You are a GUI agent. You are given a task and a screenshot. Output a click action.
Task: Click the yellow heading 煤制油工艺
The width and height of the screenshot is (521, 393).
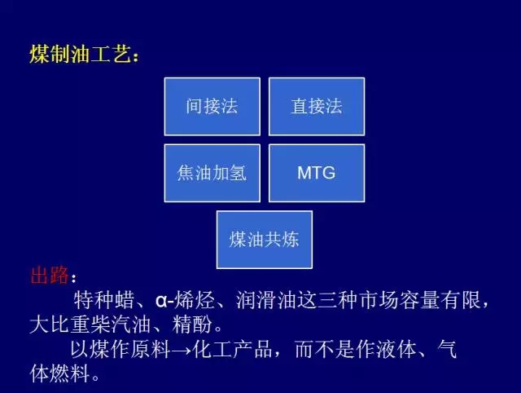click(x=81, y=54)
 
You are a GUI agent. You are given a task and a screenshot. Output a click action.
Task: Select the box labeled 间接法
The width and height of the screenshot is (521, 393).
click(x=212, y=107)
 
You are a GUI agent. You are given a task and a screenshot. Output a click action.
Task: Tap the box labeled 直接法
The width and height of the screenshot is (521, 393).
click(x=317, y=107)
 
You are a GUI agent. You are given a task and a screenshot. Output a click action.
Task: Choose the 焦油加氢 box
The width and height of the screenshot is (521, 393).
click(x=212, y=173)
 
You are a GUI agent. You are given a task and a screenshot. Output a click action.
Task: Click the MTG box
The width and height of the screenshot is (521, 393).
click(x=317, y=173)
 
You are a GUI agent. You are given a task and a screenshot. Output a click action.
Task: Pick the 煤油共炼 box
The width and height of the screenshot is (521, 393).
click(x=265, y=240)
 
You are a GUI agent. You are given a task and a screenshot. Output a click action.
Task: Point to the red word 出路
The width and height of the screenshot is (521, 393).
click(x=49, y=276)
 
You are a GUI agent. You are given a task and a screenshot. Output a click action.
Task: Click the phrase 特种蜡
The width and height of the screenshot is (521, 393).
click(x=103, y=300)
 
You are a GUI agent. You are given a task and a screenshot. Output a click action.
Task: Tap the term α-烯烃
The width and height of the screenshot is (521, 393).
click(x=185, y=300)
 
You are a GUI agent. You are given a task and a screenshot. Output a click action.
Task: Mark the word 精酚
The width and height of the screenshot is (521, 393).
click(x=192, y=325)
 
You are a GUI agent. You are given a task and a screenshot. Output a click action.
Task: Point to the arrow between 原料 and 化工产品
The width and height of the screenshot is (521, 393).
click(x=181, y=351)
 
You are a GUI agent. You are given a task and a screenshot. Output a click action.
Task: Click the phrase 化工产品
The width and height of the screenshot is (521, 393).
click(x=232, y=349)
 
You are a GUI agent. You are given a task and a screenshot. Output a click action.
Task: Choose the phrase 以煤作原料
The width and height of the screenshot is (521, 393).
click(x=120, y=349)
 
